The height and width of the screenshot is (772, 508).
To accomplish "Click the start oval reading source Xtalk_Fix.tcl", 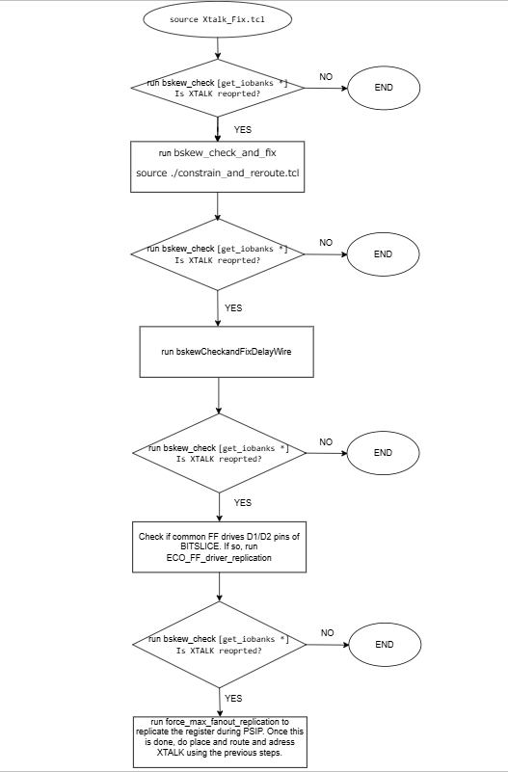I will tap(217, 20).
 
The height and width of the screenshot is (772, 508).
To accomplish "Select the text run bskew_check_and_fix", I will tap(217, 154).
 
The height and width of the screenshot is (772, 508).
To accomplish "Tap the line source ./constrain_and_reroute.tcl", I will tap(217, 172).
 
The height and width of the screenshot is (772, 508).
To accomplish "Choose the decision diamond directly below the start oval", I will tap(217, 88).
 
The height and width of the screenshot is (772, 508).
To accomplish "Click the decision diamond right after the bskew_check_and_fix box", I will tap(217, 253).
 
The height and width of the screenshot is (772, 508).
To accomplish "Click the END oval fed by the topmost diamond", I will tap(383, 88).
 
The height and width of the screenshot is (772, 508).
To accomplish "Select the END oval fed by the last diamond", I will tap(383, 643).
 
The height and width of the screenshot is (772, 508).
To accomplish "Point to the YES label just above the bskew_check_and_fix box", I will tap(243, 128).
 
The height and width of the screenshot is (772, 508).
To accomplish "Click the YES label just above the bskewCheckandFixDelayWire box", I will tap(233, 307).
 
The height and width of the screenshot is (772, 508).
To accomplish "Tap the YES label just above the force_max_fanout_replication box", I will tap(233, 696).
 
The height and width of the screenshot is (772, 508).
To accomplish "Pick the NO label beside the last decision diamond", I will tap(327, 633).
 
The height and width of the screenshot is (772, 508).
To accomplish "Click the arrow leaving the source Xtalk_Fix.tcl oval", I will tap(217, 46).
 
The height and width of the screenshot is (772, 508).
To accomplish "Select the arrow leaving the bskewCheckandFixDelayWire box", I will tap(220, 395).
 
